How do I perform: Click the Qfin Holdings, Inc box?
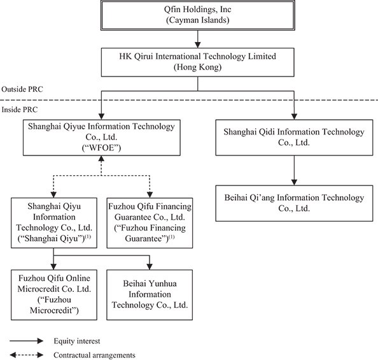pos(198,15)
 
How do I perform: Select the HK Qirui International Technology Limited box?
pos(198,62)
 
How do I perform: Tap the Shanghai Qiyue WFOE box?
pos(101,138)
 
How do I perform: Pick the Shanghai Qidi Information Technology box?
pos(294,138)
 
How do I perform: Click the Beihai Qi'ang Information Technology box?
pos(294,203)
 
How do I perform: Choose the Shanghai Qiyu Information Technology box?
pos(54,223)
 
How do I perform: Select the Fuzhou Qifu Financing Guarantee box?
pos(150,223)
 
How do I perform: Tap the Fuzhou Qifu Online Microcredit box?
pos(54,295)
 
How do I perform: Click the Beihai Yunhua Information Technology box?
pos(150,295)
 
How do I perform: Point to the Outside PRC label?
pos(22,89)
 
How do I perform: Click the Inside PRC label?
pos(20,110)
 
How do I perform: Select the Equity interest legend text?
pos(76,341)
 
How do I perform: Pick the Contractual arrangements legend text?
pos(94,355)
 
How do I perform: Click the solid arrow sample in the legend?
pos(27,341)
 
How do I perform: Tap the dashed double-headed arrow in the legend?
pos(27,355)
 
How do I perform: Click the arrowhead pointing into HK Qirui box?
pos(198,45)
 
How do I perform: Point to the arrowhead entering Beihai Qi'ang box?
pos(294,182)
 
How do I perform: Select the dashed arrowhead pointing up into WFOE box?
pos(101,159)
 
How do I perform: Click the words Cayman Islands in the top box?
pos(198,20)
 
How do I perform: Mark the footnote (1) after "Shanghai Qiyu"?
pos(88,236)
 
